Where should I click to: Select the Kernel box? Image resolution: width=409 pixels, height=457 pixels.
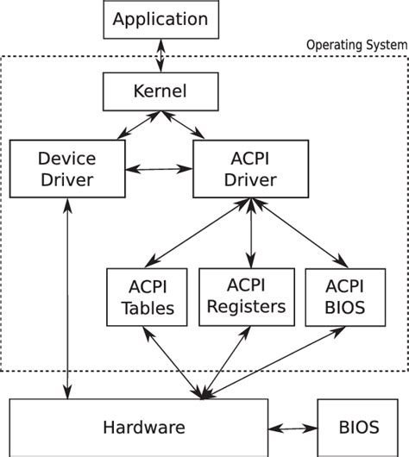click(157, 89)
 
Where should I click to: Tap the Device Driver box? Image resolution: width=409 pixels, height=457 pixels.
click(66, 169)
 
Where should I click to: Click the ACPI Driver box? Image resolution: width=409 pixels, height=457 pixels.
click(250, 169)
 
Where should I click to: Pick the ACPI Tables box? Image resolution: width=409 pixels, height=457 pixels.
click(146, 297)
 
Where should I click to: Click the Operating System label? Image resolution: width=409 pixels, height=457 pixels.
click(356, 45)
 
